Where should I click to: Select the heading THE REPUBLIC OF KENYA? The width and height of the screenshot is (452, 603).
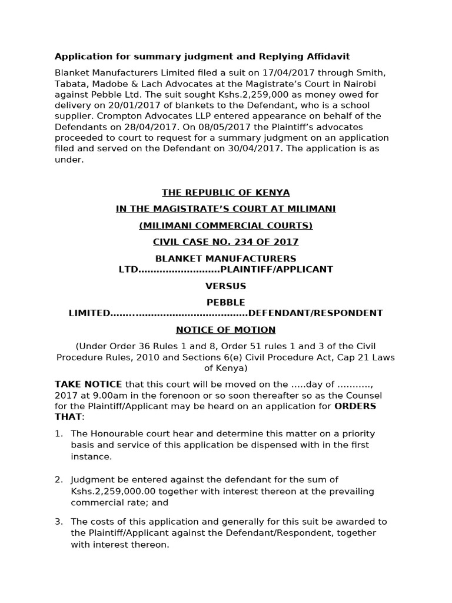tap(226, 193)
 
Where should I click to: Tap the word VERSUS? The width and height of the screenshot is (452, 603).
tap(226, 286)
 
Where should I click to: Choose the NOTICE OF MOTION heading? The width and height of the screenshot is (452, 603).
tap(226, 330)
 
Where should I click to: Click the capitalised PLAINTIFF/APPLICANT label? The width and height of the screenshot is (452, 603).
tap(276, 269)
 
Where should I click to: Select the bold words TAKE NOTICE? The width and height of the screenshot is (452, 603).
tap(88, 384)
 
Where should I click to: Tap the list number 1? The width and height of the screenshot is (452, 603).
tap(58, 433)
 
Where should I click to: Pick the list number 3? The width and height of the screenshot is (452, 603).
tap(58, 522)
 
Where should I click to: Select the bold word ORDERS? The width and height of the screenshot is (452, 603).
tap(355, 406)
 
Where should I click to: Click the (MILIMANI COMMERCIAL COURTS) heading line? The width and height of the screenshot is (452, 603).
tap(226, 226)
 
